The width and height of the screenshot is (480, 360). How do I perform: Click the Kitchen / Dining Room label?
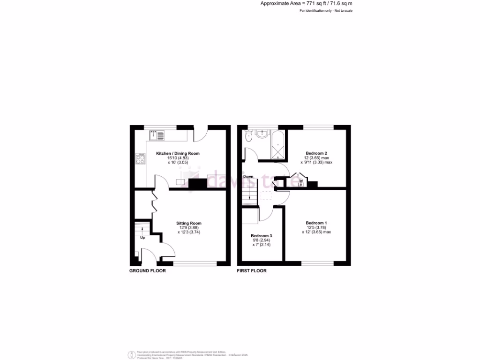(178, 153)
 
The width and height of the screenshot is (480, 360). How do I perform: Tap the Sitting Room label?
(189, 223)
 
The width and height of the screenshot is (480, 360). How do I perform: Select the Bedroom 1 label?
(316, 223)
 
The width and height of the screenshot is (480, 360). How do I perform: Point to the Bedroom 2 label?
(316, 153)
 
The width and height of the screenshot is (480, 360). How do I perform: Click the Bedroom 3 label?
(262, 235)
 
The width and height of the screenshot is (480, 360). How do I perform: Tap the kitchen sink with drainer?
(157, 135)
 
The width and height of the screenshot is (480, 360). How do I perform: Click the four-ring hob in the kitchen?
(140, 158)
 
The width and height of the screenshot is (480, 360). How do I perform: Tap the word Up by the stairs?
(143, 238)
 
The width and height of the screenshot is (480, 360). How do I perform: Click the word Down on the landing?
(248, 177)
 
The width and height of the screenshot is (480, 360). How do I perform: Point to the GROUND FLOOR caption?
(147, 271)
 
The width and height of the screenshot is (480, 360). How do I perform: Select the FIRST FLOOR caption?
(252, 271)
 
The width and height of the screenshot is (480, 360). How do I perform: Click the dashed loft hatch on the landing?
(266, 195)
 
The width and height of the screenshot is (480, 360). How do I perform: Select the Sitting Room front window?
(195, 263)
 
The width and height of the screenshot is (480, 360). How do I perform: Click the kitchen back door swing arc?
(201, 135)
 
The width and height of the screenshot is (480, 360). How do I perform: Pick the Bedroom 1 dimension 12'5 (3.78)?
(316, 227)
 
